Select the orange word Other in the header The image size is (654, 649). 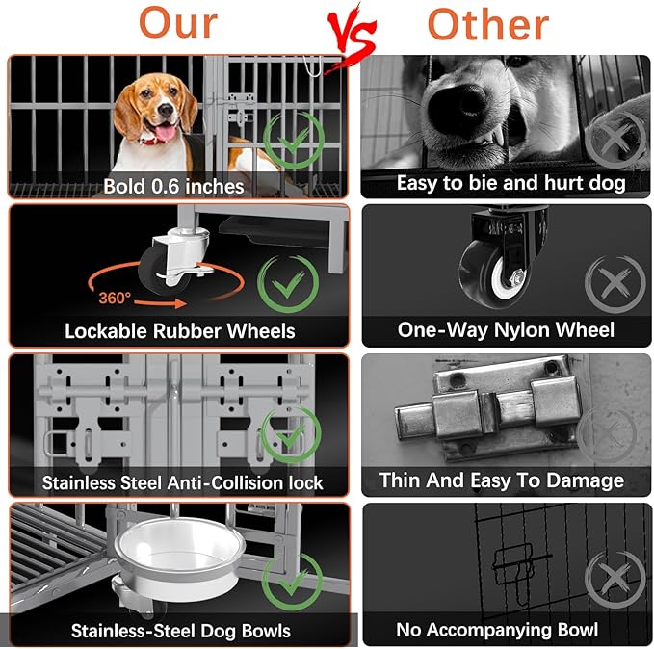coord(490,23)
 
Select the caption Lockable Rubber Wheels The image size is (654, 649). coord(179,330)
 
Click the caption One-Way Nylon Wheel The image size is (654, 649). coord(506,330)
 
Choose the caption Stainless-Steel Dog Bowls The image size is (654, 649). coord(180,631)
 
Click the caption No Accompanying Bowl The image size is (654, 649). coord(497,631)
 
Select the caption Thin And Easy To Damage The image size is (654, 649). coord(501,480)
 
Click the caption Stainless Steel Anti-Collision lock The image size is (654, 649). coord(182,481)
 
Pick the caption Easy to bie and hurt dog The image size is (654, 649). coord(510,182)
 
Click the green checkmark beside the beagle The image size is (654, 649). coord(292,141)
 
